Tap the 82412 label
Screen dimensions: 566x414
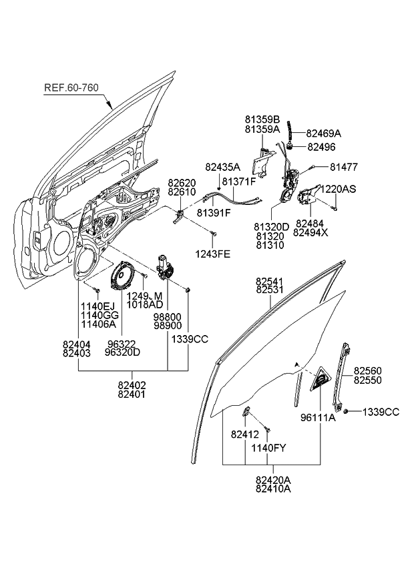(x=245, y=434)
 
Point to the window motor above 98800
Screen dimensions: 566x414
(x=165, y=267)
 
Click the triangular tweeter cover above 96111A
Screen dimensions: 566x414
(x=321, y=380)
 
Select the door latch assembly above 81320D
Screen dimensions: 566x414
(x=289, y=187)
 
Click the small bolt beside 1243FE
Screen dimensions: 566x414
(x=213, y=233)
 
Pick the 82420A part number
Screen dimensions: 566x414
(x=273, y=479)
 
